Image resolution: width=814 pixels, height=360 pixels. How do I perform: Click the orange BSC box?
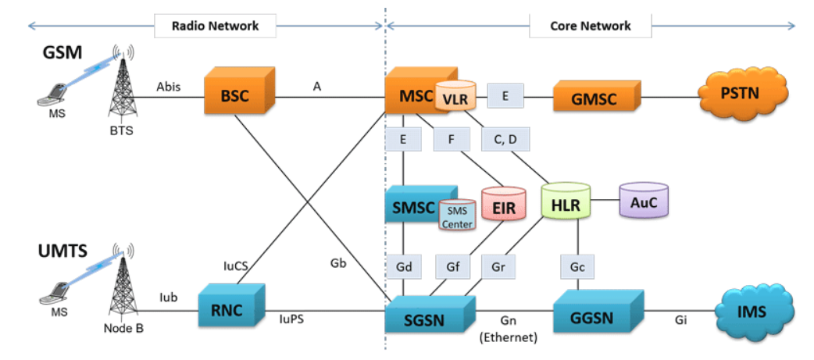239,94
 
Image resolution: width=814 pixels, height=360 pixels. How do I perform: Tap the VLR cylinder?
455,95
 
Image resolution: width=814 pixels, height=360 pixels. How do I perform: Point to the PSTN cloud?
744,94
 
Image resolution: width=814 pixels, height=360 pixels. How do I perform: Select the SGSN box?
431,313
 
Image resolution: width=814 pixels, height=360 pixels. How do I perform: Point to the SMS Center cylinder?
457,216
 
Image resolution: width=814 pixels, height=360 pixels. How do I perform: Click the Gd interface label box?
403,268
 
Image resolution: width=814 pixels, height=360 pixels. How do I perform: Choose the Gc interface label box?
577,268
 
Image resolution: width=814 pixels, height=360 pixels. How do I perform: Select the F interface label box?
452,139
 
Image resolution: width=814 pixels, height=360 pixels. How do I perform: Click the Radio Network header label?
215,26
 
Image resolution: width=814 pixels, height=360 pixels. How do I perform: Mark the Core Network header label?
591,26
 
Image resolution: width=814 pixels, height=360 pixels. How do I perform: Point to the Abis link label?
169,87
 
